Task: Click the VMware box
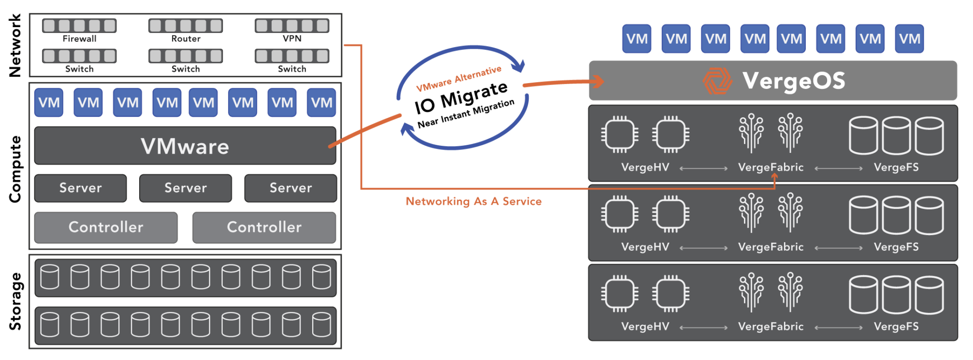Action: (185, 146)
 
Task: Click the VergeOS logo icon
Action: (717, 81)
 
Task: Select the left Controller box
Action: (106, 227)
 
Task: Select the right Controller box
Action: (264, 227)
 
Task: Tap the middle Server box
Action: (185, 188)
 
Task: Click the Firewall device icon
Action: (79, 26)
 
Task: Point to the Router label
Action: (186, 38)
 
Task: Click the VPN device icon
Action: (292, 26)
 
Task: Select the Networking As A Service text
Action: (474, 201)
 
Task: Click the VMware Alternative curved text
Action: (458, 79)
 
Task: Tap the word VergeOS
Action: (794, 81)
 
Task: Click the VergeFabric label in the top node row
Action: (771, 168)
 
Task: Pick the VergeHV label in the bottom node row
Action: (645, 327)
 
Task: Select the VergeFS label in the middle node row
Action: (896, 247)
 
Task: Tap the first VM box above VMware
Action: (48, 103)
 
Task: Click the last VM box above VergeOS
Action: (909, 39)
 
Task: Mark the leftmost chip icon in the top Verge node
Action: (620, 134)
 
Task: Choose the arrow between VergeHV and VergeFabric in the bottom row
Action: (704, 328)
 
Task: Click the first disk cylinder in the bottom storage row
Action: (49, 324)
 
